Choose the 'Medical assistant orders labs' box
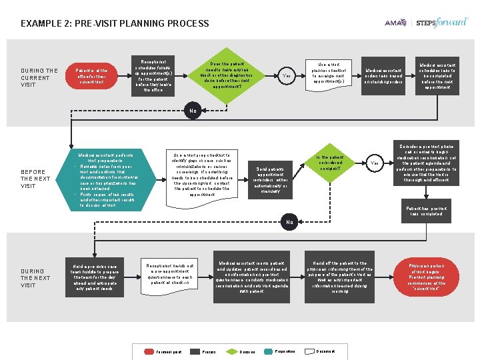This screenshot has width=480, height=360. point(383,76)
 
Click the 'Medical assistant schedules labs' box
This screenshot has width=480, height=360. point(437,76)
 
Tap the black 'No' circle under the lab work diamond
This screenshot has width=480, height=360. point(192,110)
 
